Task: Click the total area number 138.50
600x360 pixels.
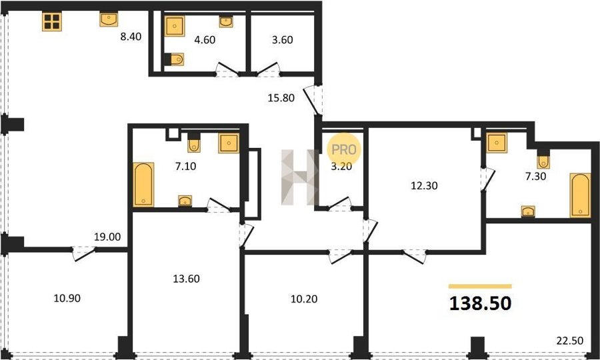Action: (480, 304)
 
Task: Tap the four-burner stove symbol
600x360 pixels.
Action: (51, 21)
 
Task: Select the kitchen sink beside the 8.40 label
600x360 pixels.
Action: (109, 19)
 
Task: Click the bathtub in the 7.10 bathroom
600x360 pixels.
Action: (143, 185)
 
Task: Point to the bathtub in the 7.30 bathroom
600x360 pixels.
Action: (580, 195)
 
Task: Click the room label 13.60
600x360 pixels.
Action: (187, 279)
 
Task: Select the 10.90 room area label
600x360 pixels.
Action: (67, 298)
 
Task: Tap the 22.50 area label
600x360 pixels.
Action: (570, 341)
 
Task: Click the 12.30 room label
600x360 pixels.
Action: (425, 185)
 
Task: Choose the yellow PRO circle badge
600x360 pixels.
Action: (344, 149)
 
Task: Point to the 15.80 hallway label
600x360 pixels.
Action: (281, 98)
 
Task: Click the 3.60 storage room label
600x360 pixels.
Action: (283, 40)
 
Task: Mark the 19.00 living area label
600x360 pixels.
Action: (107, 237)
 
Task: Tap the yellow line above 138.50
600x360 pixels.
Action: (480, 286)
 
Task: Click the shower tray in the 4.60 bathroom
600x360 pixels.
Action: (175, 26)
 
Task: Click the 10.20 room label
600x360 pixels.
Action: (304, 299)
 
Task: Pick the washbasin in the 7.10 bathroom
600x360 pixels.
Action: (185, 201)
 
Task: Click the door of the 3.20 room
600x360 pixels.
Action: (340, 203)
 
